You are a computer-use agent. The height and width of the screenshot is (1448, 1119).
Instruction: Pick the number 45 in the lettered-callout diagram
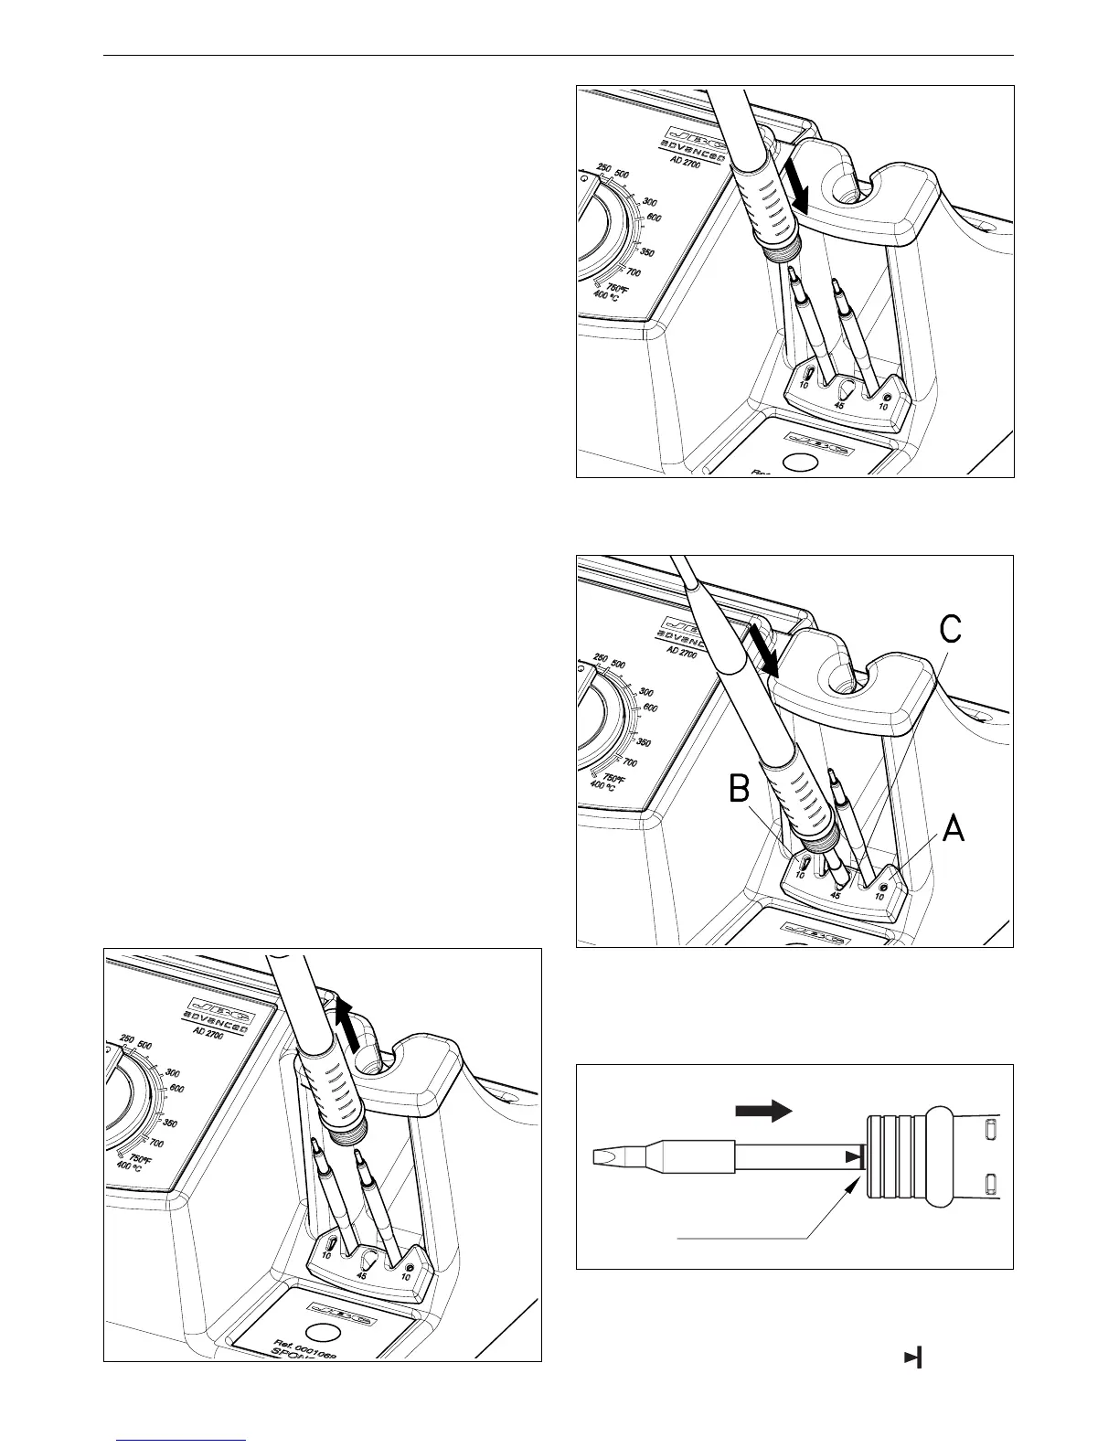point(835,895)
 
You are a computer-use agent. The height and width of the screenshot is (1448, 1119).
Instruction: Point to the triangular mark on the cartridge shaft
point(852,1157)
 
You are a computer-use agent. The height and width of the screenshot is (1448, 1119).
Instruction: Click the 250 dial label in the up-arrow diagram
point(127,1038)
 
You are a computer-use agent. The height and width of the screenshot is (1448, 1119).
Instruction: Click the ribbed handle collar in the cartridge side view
point(896,1156)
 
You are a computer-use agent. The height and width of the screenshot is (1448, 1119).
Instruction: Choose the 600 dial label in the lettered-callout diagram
point(650,708)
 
